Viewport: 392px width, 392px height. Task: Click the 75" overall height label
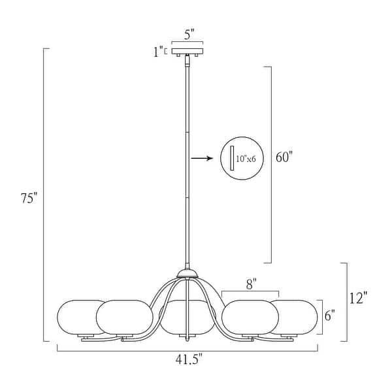pos(29,198)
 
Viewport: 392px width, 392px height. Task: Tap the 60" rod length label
pos(284,157)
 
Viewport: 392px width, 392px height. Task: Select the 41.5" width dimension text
pos(189,359)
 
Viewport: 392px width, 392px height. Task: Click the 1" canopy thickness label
pos(158,52)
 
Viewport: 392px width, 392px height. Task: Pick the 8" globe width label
pos(251,284)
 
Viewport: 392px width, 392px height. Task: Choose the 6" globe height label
pos(330,316)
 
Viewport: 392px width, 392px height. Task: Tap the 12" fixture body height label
pos(358,298)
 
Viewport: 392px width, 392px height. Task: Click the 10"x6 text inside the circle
pos(246,159)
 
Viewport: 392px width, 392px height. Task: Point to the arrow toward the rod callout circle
pos(202,158)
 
